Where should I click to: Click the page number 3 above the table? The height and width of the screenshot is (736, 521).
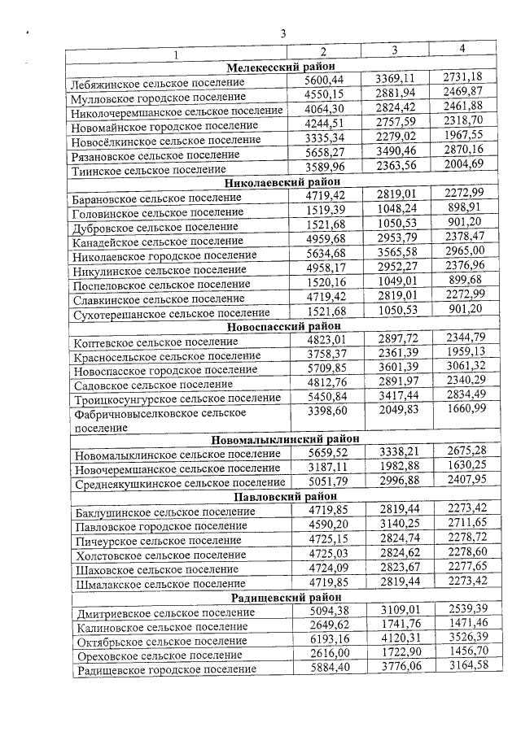click(x=283, y=33)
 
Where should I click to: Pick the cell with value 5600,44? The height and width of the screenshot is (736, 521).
click(x=325, y=79)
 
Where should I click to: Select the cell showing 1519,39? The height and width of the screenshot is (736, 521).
click(x=325, y=210)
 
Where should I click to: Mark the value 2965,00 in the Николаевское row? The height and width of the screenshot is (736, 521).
click(x=464, y=253)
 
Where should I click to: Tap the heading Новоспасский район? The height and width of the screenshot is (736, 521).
click(x=282, y=326)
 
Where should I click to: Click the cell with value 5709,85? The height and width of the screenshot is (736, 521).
click(x=325, y=368)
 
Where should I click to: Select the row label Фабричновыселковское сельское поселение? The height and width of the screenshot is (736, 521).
click(x=147, y=420)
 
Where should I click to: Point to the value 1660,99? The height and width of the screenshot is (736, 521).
click(x=464, y=411)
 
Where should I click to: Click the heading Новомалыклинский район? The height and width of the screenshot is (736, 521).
click(x=282, y=440)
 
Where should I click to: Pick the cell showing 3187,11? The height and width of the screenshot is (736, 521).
click(x=325, y=468)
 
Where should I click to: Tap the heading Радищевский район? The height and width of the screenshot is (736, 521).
click(x=282, y=597)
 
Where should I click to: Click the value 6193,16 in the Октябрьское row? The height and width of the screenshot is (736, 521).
click(x=325, y=639)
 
